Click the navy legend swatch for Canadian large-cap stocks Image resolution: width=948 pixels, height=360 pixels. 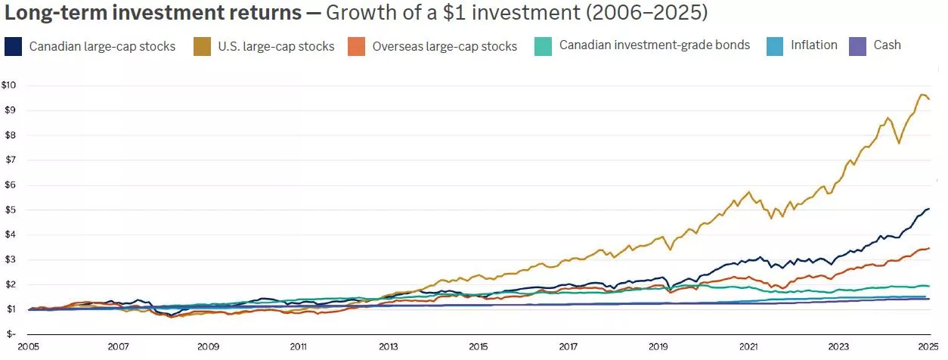(13, 46)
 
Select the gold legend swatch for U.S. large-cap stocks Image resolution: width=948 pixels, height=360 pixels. (202, 46)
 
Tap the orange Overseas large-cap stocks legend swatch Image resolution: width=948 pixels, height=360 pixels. (357, 46)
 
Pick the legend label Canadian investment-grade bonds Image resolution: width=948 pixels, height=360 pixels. (654, 45)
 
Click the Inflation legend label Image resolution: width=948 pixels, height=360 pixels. (813, 45)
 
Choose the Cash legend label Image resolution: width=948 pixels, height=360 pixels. (887, 45)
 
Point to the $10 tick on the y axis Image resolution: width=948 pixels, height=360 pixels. (8, 85)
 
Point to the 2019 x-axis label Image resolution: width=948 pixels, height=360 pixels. (659, 347)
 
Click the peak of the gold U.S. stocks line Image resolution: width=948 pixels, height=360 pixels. (922, 95)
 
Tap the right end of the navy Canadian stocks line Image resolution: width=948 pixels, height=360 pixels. (929, 209)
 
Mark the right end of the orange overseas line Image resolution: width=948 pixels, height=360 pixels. (929, 248)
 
